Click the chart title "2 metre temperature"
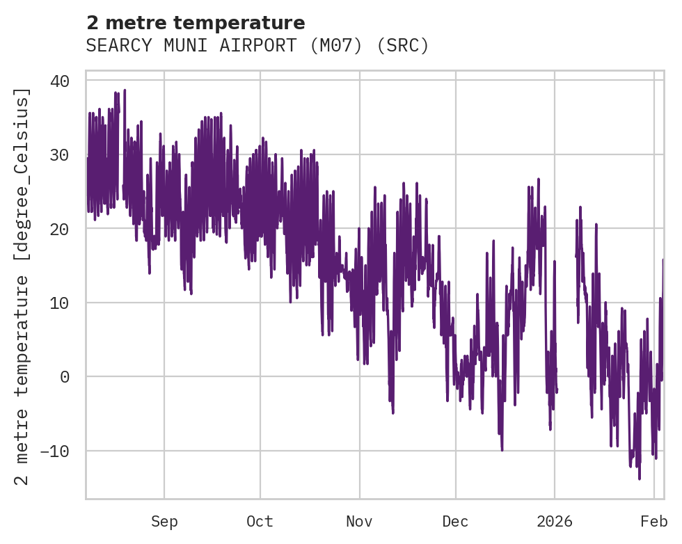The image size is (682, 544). click(x=196, y=23)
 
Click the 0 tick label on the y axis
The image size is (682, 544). click(x=65, y=377)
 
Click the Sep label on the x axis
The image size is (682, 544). click(x=164, y=522)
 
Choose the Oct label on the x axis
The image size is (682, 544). click(x=260, y=522)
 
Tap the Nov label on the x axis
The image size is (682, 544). click(x=360, y=522)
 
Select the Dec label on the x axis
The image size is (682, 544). click(x=456, y=522)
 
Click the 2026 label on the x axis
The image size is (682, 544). click(x=555, y=522)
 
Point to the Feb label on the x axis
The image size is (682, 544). click(x=654, y=522)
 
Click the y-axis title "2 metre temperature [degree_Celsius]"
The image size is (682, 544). click(x=22, y=286)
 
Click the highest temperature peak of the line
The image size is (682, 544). click(x=125, y=90)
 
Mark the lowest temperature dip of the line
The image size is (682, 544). click(x=640, y=479)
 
